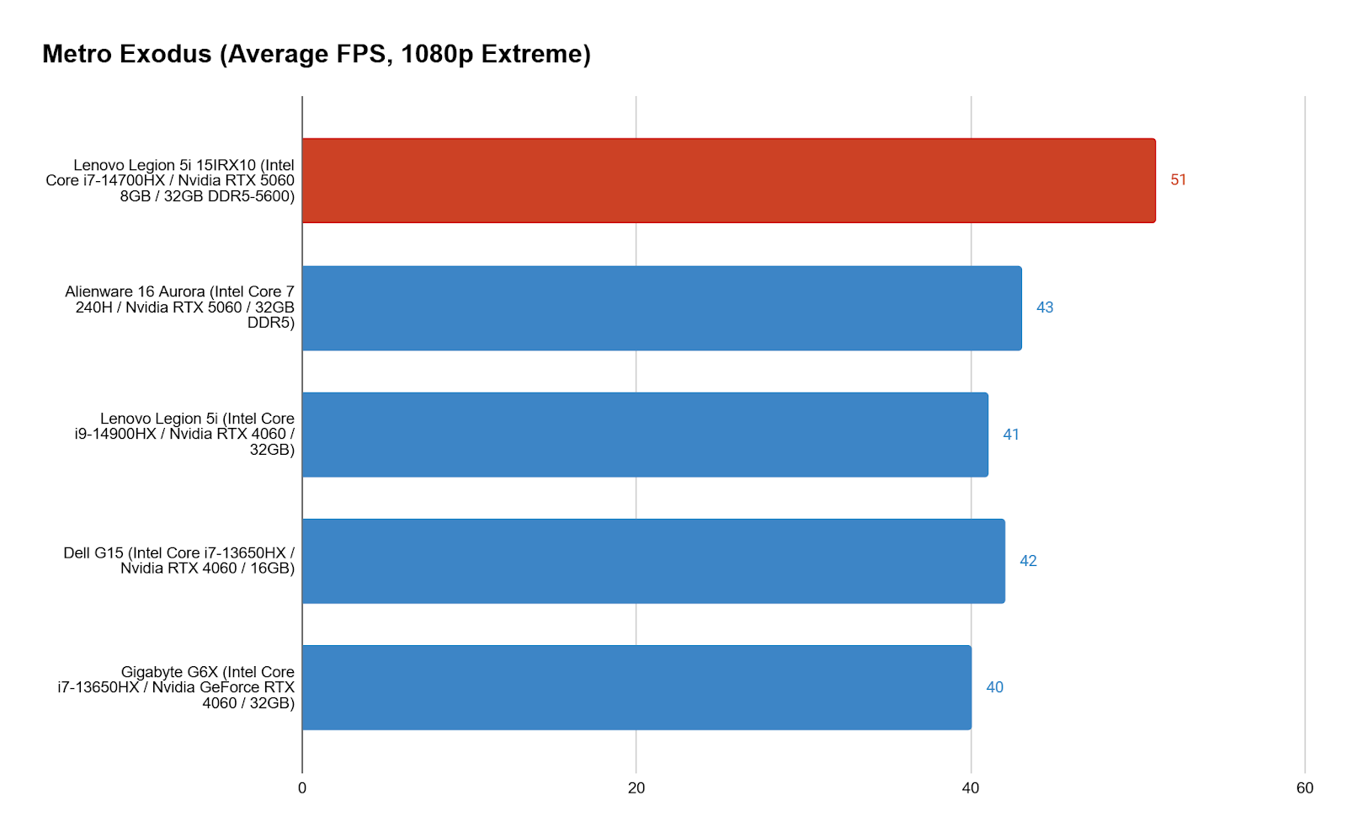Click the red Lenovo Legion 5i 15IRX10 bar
pos(728,180)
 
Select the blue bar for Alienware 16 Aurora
pos(662,308)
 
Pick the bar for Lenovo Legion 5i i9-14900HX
pos(645,435)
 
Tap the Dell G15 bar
pos(653,561)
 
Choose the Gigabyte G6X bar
pos(636,687)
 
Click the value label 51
pos(1178,180)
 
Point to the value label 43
pos(1045,308)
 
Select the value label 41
pos(1011,435)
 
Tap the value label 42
pos(1028,561)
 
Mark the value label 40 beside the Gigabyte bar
pos(994,687)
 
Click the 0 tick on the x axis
pos(302,788)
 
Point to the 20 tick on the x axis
pos(636,788)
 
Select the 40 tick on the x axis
pos(971,788)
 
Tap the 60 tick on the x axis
pos(1305,788)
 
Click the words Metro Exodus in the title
pos(127,54)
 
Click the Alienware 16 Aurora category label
pos(181,307)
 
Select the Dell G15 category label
pos(179,560)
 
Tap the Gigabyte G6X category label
pos(177,687)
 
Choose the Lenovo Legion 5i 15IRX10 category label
pos(171,180)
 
